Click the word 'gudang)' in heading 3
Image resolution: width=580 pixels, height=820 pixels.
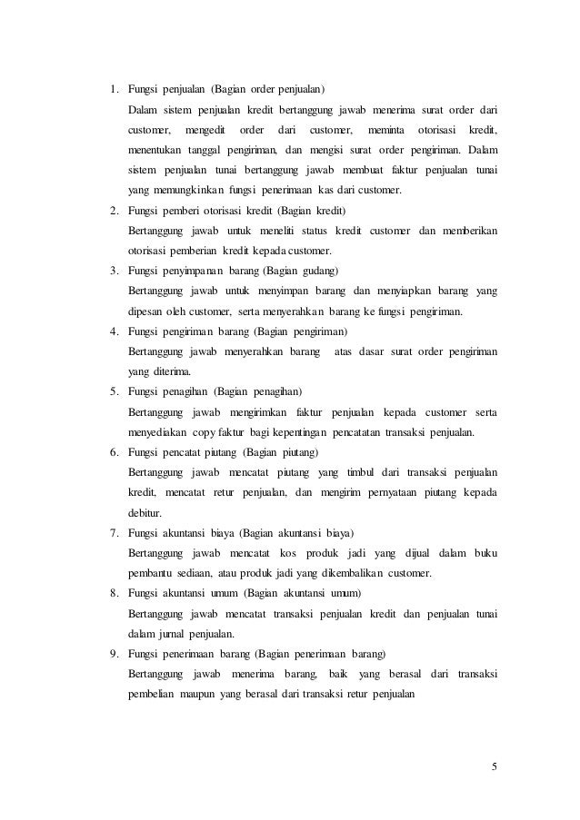pos(316,271)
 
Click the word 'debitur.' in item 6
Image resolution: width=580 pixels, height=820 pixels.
pos(146,512)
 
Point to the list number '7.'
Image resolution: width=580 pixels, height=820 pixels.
pos(115,533)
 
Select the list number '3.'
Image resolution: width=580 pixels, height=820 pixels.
pos(115,271)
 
